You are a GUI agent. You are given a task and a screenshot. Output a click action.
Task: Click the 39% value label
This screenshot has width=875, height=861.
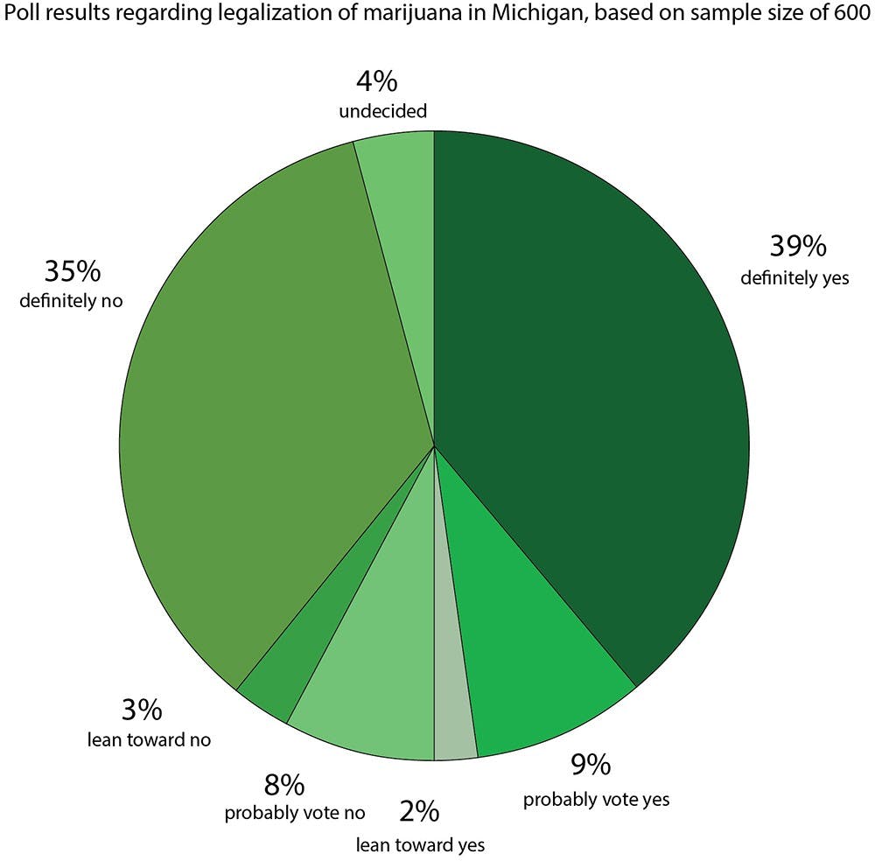pos(797,248)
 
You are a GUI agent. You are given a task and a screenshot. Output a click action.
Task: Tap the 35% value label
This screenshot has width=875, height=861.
pos(73,271)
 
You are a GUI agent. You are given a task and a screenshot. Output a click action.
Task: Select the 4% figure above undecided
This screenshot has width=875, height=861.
pos(377,82)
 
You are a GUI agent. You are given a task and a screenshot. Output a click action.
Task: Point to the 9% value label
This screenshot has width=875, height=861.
pos(591,766)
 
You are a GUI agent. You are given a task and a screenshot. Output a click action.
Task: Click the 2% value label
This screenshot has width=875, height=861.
pos(419,812)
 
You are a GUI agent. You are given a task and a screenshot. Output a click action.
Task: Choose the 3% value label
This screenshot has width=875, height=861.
pos(141,708)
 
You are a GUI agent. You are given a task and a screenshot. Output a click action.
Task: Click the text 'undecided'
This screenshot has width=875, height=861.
pos(383,111)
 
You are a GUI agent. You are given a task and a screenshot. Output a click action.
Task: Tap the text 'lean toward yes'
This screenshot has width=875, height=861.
pos(420,844)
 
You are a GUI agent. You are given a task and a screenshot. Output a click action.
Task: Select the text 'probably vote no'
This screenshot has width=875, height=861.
pos(295,813)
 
